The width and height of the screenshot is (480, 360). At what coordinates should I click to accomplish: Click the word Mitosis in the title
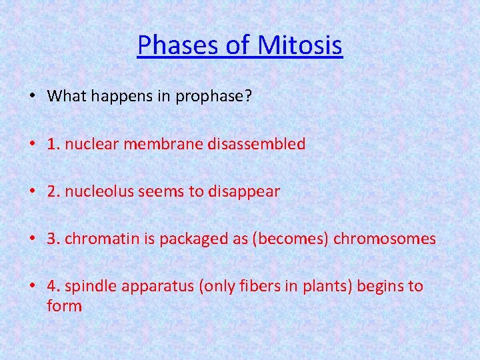(301, 46)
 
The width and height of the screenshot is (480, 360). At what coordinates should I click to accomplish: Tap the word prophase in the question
(213, 96)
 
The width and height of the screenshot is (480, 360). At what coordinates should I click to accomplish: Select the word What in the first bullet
(66, 96)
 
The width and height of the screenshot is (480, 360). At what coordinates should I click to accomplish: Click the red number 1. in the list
(54, 144)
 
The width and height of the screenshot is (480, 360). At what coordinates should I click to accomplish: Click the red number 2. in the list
(54, 192)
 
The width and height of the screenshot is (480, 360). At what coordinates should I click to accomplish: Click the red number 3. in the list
(54, 239)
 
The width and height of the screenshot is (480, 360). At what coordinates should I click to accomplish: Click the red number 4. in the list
(54, 287)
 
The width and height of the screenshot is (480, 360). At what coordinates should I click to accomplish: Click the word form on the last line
(64, 307)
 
